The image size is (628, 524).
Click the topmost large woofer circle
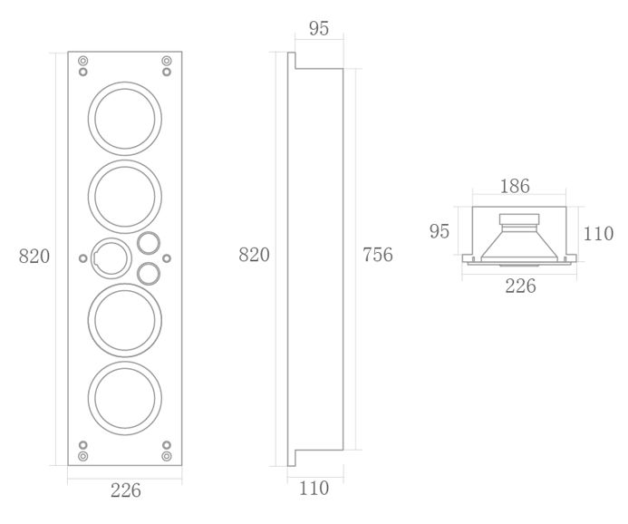pyautogui.click(x=125, y=82)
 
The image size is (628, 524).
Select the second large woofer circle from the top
pyautogui.click(x=125, y=161)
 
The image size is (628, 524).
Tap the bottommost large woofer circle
pyautogui.click(x=125, y=363)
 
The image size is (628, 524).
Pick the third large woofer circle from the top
pyautogui.click(x=125, y=285)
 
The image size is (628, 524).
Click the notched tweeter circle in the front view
pyautogui.click(x=111, y=238)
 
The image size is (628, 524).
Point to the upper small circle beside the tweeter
pyautogui.click(x=149, y=232)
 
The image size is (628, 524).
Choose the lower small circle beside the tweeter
pyautogui.click(x=149, y=263)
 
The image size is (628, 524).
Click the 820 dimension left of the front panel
pyautogui.click(x=34, y=257)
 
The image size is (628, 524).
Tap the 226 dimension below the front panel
pyautogui.click(x=126, y=490)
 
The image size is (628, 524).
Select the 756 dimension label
pyautogui.click(x=378, y=255)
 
